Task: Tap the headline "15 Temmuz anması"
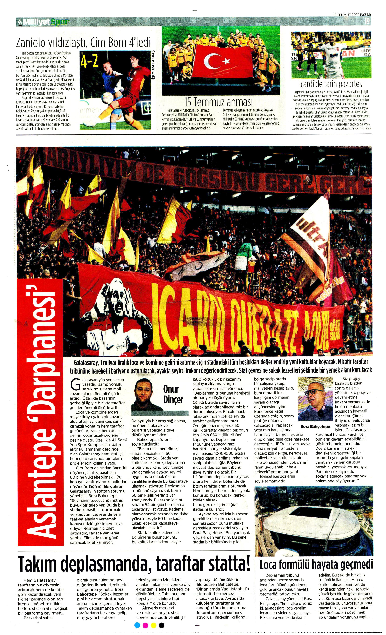(218, 102)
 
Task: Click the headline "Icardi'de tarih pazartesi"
(331, 84)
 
